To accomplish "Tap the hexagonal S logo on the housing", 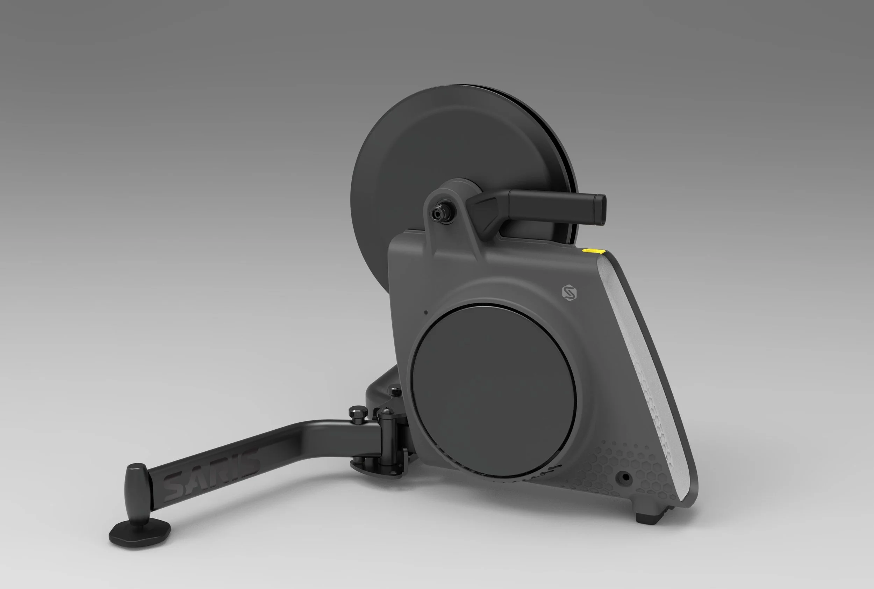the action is point(569,292).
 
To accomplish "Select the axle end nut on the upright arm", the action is point(440,212).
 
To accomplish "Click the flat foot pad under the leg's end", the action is point(139,532).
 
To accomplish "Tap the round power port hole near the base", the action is point(625,478).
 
